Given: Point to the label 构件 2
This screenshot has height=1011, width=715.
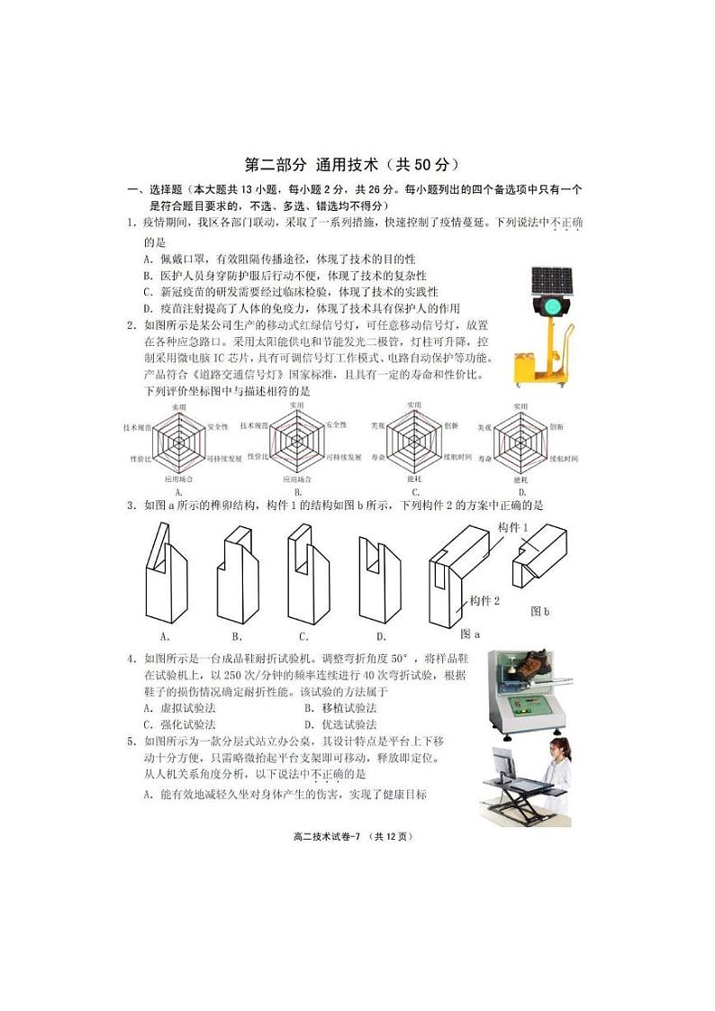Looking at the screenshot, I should pyautogui.click(x=484, y=600).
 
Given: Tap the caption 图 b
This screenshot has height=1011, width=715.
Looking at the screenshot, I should pyautogui.click(x=539, y=612).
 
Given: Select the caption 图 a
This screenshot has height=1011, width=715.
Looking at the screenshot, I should pyautogui.click(x=470, y=633).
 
